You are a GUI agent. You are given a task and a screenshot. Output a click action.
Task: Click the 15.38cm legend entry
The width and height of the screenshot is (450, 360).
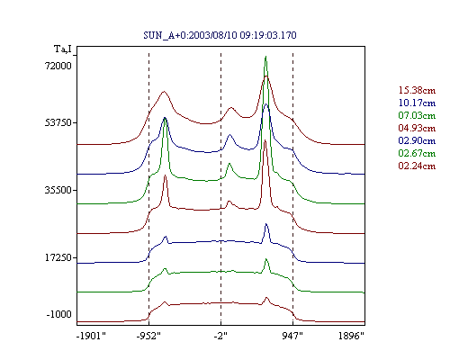[x=417, y=90]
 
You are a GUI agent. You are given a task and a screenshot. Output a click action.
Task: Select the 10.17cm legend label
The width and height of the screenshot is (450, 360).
[x=417, y=103]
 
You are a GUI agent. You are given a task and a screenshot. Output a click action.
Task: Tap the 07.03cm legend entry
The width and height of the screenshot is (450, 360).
[x=417, y=115]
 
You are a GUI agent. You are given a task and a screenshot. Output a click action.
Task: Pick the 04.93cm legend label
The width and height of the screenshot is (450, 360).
[x=417, y=128]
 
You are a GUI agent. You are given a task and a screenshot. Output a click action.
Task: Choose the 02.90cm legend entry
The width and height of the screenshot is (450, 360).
[x=417, y=140]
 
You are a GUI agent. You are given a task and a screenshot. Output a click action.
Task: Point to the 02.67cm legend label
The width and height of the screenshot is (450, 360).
[x=417, y=153]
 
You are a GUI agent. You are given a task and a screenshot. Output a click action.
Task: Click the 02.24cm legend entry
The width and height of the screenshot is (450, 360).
[x=417, y=166]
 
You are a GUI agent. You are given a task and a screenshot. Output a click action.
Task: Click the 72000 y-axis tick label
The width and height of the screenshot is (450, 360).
[x=58, y=66]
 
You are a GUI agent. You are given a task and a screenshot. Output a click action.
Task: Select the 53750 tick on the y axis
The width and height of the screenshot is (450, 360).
[x=58, y=122]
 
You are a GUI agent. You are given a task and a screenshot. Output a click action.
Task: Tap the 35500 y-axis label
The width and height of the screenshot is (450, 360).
[x=58, y=190]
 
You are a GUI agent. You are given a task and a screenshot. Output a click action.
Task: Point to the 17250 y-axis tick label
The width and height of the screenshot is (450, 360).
[x=58, y=257]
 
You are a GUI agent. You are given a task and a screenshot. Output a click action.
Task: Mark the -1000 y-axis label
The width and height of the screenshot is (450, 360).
[x=59, y=314]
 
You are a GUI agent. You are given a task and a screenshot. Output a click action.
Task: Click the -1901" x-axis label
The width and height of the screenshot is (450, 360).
[x=91, y=336]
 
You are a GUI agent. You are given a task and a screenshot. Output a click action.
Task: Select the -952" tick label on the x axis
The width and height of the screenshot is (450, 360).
[x=148, y=336]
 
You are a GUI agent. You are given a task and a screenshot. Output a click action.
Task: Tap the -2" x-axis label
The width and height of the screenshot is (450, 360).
[x=220, y=336]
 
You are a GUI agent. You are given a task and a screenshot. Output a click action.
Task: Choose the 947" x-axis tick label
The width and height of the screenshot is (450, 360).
[x=292, y=336]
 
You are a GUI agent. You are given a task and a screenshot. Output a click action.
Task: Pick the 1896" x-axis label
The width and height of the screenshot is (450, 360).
[x=351, y=336]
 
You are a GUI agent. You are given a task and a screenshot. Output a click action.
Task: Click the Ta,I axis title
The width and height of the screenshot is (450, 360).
[x=63, y=49]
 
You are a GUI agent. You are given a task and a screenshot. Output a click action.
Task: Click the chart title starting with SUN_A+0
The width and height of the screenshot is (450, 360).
[x=220, y=35]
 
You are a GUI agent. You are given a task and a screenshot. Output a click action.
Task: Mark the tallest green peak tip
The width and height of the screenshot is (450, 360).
[x=265, y=57]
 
